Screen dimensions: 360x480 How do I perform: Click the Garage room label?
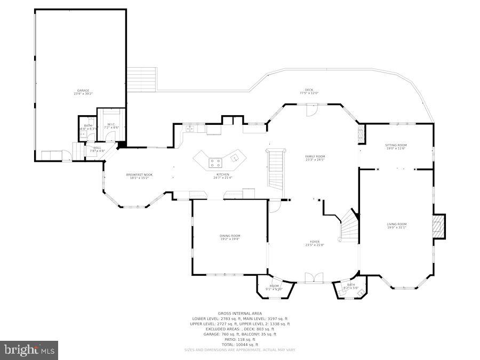click(83, 92)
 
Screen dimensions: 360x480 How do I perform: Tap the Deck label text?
click(309, 91)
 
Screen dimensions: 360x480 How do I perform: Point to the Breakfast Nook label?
click(139, 177)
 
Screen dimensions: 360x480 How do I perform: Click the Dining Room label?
click(230, 237)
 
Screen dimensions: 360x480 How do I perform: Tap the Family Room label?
click(315, 158)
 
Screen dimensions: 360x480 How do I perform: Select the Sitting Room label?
click(396, 147)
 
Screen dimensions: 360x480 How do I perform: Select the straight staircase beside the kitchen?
click(276, 168)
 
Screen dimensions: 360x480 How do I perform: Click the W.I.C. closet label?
click(111, 126)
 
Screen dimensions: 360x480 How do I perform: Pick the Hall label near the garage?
click(97, 149)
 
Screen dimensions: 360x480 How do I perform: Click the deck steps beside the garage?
click(142, 78)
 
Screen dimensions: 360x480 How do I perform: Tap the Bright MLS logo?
click(30, 350)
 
